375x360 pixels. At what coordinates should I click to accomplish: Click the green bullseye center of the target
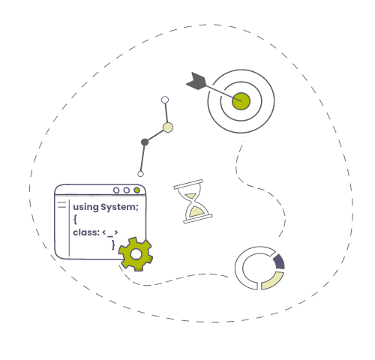click(241, 101)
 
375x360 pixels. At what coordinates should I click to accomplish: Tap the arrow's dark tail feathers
click(196, 81)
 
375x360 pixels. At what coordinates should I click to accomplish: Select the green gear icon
click(136, 254)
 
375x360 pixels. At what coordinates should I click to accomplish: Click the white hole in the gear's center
click(136, 254)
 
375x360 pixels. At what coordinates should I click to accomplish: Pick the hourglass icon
click(193, 201)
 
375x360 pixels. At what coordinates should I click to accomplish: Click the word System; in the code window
click(119, 207)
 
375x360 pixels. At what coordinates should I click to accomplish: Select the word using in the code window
click(85, 208)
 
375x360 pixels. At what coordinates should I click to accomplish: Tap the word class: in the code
click(86, 232)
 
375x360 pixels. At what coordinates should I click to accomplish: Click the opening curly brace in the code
click(75, 219)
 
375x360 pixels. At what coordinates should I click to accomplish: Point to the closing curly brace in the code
click(113, 244)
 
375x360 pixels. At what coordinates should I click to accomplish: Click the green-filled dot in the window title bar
click(136, 190)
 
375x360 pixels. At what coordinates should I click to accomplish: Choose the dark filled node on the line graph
click(145, 142)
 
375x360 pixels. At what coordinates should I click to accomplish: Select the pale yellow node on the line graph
click(168, 127)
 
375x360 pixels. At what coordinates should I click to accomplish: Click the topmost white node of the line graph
click(165, 100)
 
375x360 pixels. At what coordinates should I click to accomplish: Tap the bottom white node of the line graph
click(140, 174)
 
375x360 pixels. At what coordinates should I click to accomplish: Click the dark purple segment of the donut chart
click(279, 262)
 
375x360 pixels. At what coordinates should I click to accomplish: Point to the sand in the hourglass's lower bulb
click(197, 212)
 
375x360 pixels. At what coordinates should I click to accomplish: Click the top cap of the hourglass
click(188, 184)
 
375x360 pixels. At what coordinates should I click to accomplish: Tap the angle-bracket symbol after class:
click(110, 233)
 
